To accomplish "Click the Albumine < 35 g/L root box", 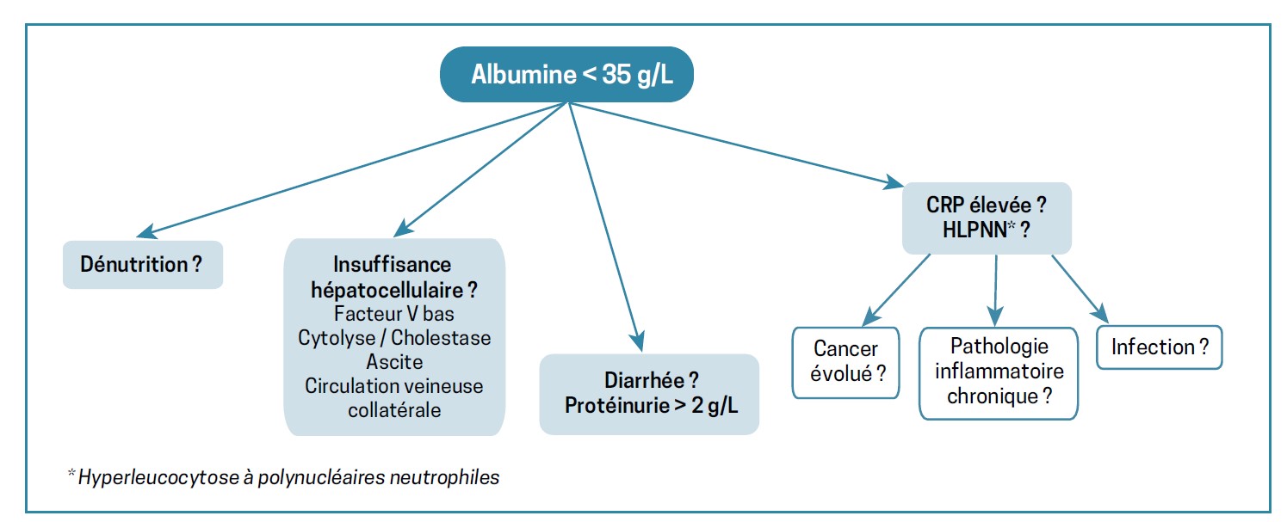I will (x=568, y=74).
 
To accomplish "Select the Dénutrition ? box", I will (x=142, y=264).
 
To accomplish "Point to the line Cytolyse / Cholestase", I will (x=394, y=337).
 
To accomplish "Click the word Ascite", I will (x=394, y=361).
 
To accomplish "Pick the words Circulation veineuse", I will (x=394, y=385).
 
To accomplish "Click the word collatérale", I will (x=394, y=409).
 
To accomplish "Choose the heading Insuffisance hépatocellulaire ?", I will (x=394, y=276).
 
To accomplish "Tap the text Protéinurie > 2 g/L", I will (x=649, y=404).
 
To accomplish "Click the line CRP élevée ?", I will (x=987, y=206).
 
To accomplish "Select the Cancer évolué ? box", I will (x=845, y=362).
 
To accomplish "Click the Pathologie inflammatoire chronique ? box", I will (x=999, y=372).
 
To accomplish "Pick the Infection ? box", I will (x=1159, y=347).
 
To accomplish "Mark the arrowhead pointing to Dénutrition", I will (x=145, y=232).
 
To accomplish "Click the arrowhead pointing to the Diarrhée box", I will (x=639, y=337).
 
